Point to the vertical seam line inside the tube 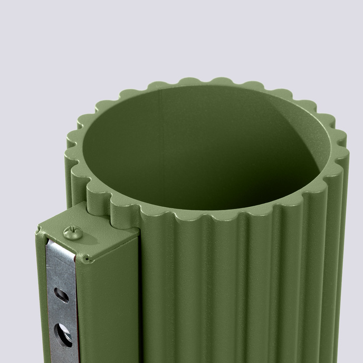click(161, 132)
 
